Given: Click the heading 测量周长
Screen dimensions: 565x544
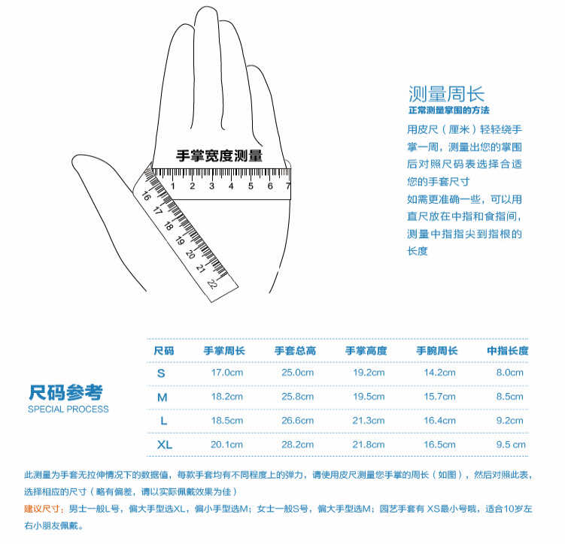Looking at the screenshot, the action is pos(446,94).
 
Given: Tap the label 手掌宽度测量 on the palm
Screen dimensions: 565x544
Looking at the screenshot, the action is pos(220,156).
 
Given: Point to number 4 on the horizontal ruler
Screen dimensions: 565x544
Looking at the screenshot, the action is pos(231,186).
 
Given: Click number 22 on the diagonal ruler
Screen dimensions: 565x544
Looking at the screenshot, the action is pos(212,284).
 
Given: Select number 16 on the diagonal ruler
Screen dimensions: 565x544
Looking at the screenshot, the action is pos(146,195).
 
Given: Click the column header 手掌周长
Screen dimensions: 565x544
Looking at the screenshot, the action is pos(224,350).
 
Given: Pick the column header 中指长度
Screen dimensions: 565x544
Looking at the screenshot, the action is pos(508,350).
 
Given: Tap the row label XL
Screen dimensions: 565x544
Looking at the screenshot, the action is pos(165,445).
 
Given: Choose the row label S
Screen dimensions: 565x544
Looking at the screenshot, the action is pos(161,373).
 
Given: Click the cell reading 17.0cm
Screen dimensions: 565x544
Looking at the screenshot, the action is pos(227,373).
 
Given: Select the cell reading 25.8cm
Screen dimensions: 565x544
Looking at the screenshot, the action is pos(298,397).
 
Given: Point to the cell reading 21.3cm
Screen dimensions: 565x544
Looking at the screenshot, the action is pos(369,420).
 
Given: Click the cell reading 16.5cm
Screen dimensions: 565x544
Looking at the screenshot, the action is pos(439,444).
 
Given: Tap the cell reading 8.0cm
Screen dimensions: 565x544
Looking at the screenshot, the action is pos(510,373).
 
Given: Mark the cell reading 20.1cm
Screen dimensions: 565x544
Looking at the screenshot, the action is pos(226,444).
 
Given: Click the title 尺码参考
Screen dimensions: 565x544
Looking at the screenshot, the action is pos(66,392).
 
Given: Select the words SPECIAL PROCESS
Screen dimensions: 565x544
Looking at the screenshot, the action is pos(68,409).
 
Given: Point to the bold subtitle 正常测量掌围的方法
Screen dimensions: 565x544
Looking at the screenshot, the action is pos(449,110).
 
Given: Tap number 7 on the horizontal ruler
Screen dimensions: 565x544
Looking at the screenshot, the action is pos(288,186).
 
